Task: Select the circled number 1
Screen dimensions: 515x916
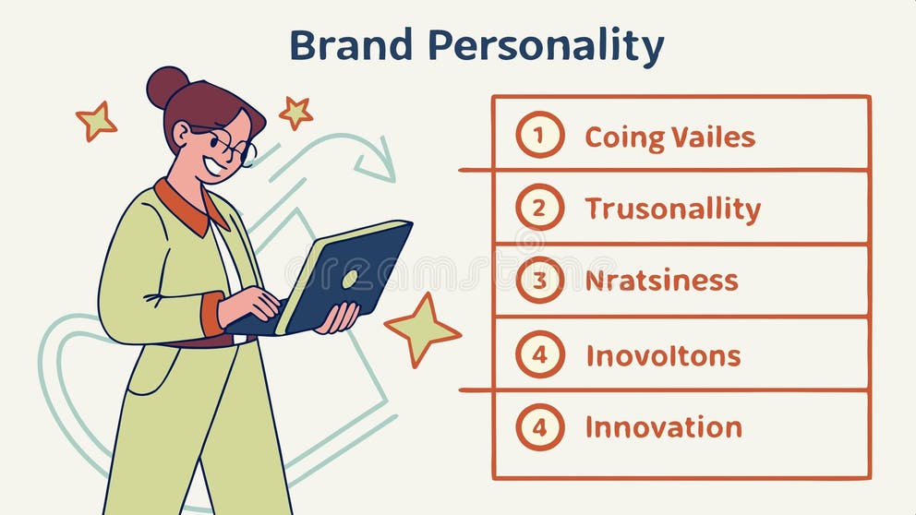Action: coord(539,135)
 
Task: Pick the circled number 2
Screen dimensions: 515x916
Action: coord(539,208)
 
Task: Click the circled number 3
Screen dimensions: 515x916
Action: coord(539,281)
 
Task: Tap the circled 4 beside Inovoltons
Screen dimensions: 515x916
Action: coord(539,354)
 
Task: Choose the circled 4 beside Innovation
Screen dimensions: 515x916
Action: coord(539,427)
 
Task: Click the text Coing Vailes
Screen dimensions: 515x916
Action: coord(669,138)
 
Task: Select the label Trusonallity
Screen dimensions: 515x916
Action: coord(672,210)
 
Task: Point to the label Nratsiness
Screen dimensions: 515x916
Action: coord(661,281)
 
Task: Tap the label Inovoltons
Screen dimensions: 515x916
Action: coord(663,355)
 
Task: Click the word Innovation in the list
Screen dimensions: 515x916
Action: coord(663,427)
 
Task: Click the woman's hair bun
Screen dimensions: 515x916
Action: coord(166,87)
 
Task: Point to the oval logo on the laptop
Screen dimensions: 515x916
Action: coord(350,278)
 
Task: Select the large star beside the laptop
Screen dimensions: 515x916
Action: coord(421,328)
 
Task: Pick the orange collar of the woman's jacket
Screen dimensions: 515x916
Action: coord(187,209)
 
